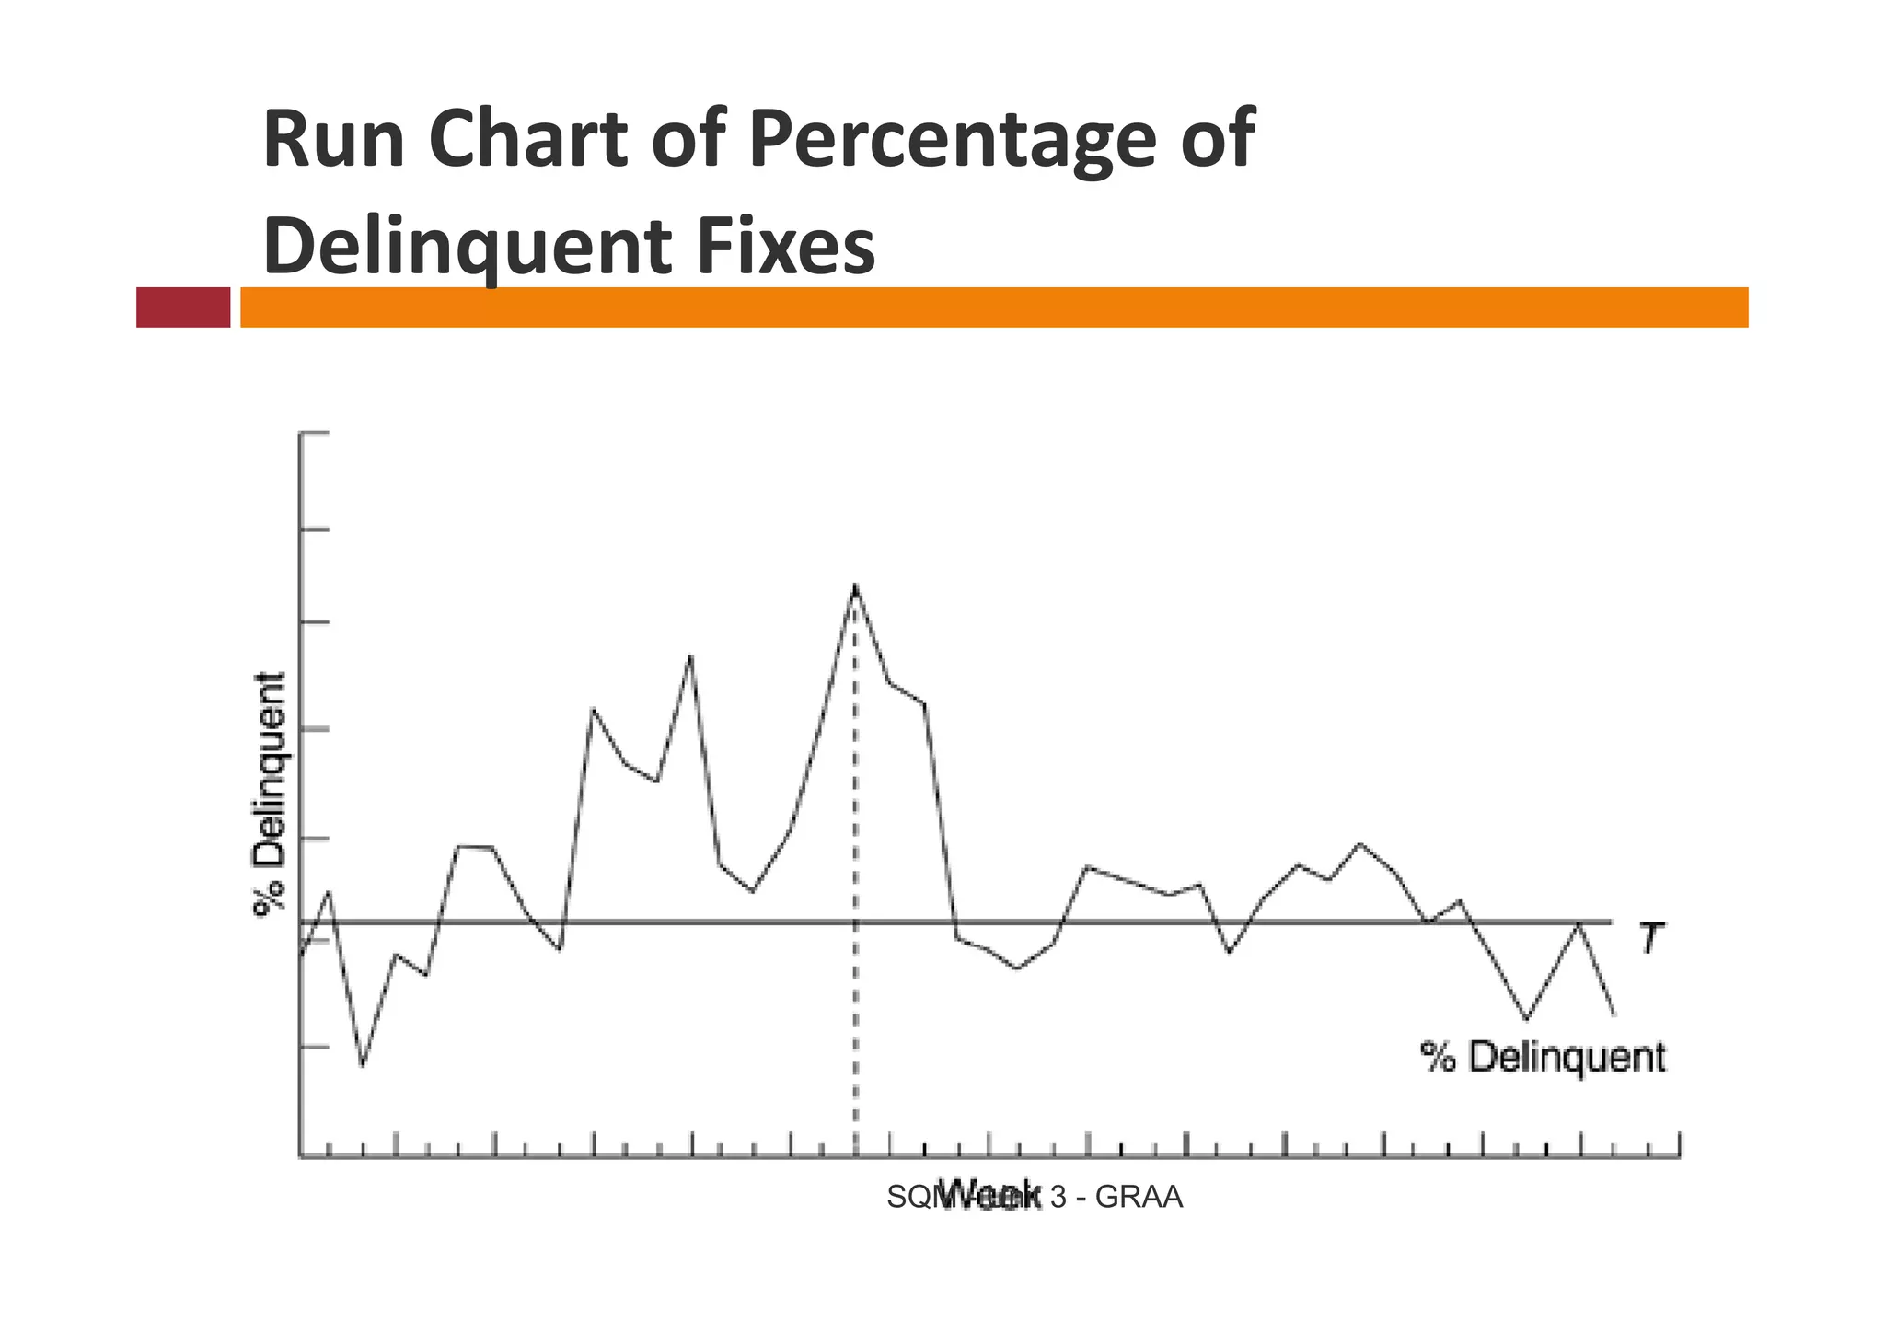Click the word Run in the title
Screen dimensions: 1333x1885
pos(333,140)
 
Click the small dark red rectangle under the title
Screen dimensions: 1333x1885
pos(183,307)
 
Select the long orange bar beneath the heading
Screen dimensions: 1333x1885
pos(994,307)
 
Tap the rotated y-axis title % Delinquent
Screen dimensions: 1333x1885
pos(271,794)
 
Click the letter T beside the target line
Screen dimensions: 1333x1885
pos(1650,939)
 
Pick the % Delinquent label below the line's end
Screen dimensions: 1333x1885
pos(1543,1057)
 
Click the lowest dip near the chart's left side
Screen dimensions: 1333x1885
pos(362,1065)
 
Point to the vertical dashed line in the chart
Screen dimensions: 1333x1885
pos(855,1013)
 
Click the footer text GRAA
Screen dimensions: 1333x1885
pos(1139,1198)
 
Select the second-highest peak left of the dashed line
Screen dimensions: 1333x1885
pos(690,655)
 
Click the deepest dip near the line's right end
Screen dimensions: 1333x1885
pos(1527,1019)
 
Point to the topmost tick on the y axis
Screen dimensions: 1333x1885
pos(314,432)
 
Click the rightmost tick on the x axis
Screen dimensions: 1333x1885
pos(1680,1145)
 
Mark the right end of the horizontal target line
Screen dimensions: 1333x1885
pos(1611,922)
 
